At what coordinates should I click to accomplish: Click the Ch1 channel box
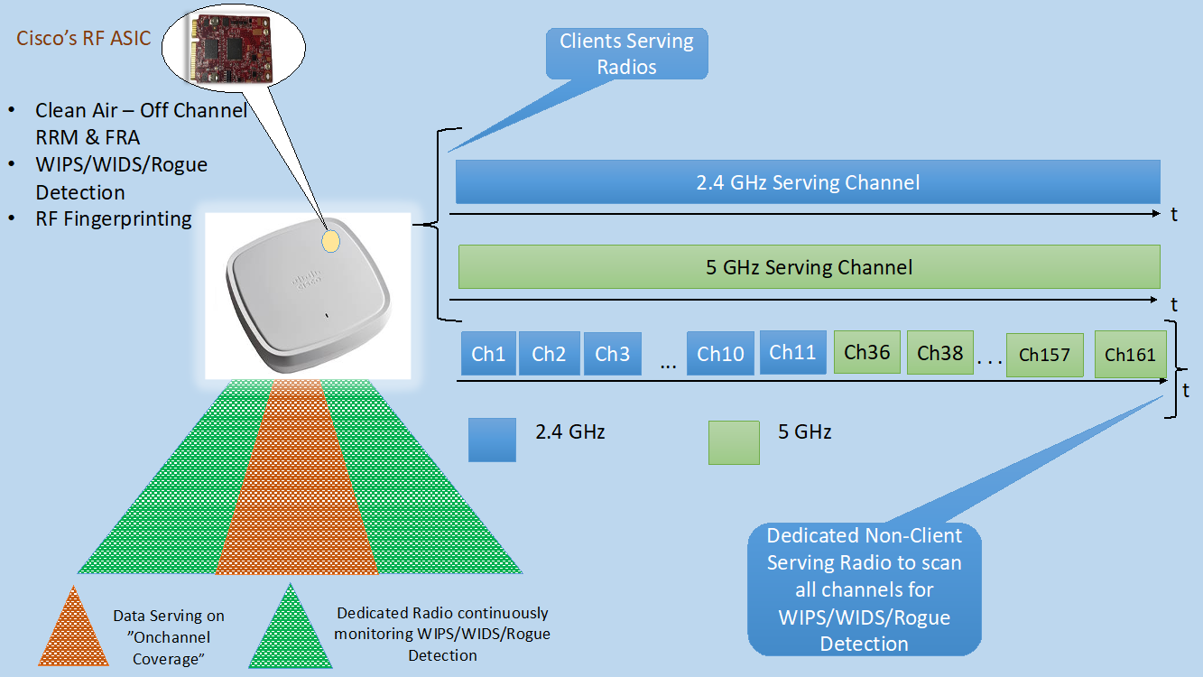point(488,354)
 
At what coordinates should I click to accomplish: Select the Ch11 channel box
point(792,352)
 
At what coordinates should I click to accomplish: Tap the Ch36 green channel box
point(866,352)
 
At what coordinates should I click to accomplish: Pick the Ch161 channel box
point(1130,355)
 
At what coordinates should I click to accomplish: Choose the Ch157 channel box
point(1043,355)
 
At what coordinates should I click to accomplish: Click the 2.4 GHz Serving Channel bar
point(808,182)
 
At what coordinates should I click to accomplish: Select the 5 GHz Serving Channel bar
point(809,267)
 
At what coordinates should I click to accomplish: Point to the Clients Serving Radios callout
point(626,54)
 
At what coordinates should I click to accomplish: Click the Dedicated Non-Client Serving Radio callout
point(864,589)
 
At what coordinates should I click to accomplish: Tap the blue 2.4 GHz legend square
point(492,440)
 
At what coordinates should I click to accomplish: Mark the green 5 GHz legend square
point(734,442)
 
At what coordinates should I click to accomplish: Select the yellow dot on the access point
point(331,240)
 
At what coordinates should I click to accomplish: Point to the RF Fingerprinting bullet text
point(114,218)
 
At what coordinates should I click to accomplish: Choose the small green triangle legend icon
point(291,628)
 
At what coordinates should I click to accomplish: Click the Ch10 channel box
point(720,354)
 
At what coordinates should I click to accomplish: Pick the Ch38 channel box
point(939,352)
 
